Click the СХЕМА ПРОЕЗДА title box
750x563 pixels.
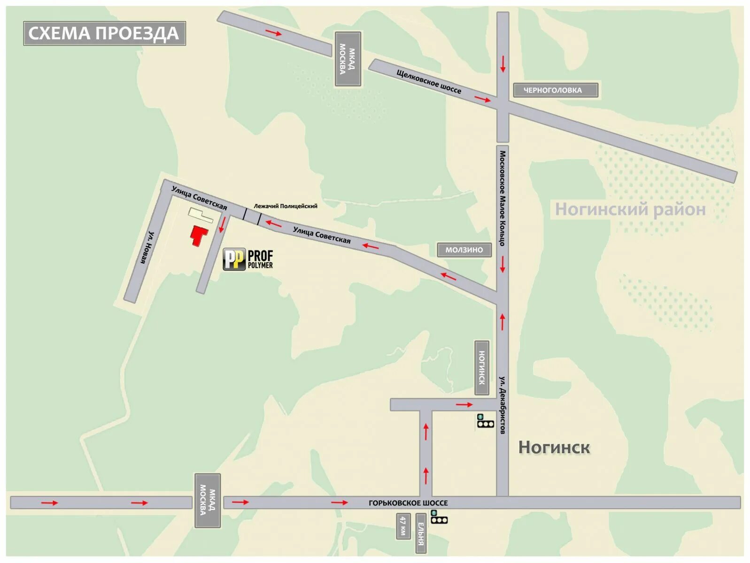[x=104, y=33]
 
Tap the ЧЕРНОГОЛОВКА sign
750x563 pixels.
[x=555, y=90]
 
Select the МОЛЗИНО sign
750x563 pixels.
[x=464, y=250]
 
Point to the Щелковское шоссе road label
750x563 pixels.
[x=429, y=81]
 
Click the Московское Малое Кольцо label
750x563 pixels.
[x=503, y=198]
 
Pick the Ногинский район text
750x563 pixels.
[x=630, y=209]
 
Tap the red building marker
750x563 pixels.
[x=199, y=235]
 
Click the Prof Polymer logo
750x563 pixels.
[x=248, y=259]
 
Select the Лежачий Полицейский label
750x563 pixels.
[x=286, y=206]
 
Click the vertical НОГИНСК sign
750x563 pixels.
[x=482, y=367]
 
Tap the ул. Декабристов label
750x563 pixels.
[x=503, y=404]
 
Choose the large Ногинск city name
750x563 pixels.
[x=554, y=447]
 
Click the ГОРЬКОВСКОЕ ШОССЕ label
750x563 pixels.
[x=408, y=503]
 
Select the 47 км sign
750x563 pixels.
[x=403, y=526]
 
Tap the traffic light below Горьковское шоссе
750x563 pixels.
[x=439, y=518]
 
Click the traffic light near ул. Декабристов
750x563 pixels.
[x=485, y=421]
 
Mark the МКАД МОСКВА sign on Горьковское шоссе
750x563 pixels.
[x=208, y=501]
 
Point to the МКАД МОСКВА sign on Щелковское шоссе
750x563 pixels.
[x=348, y=59]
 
